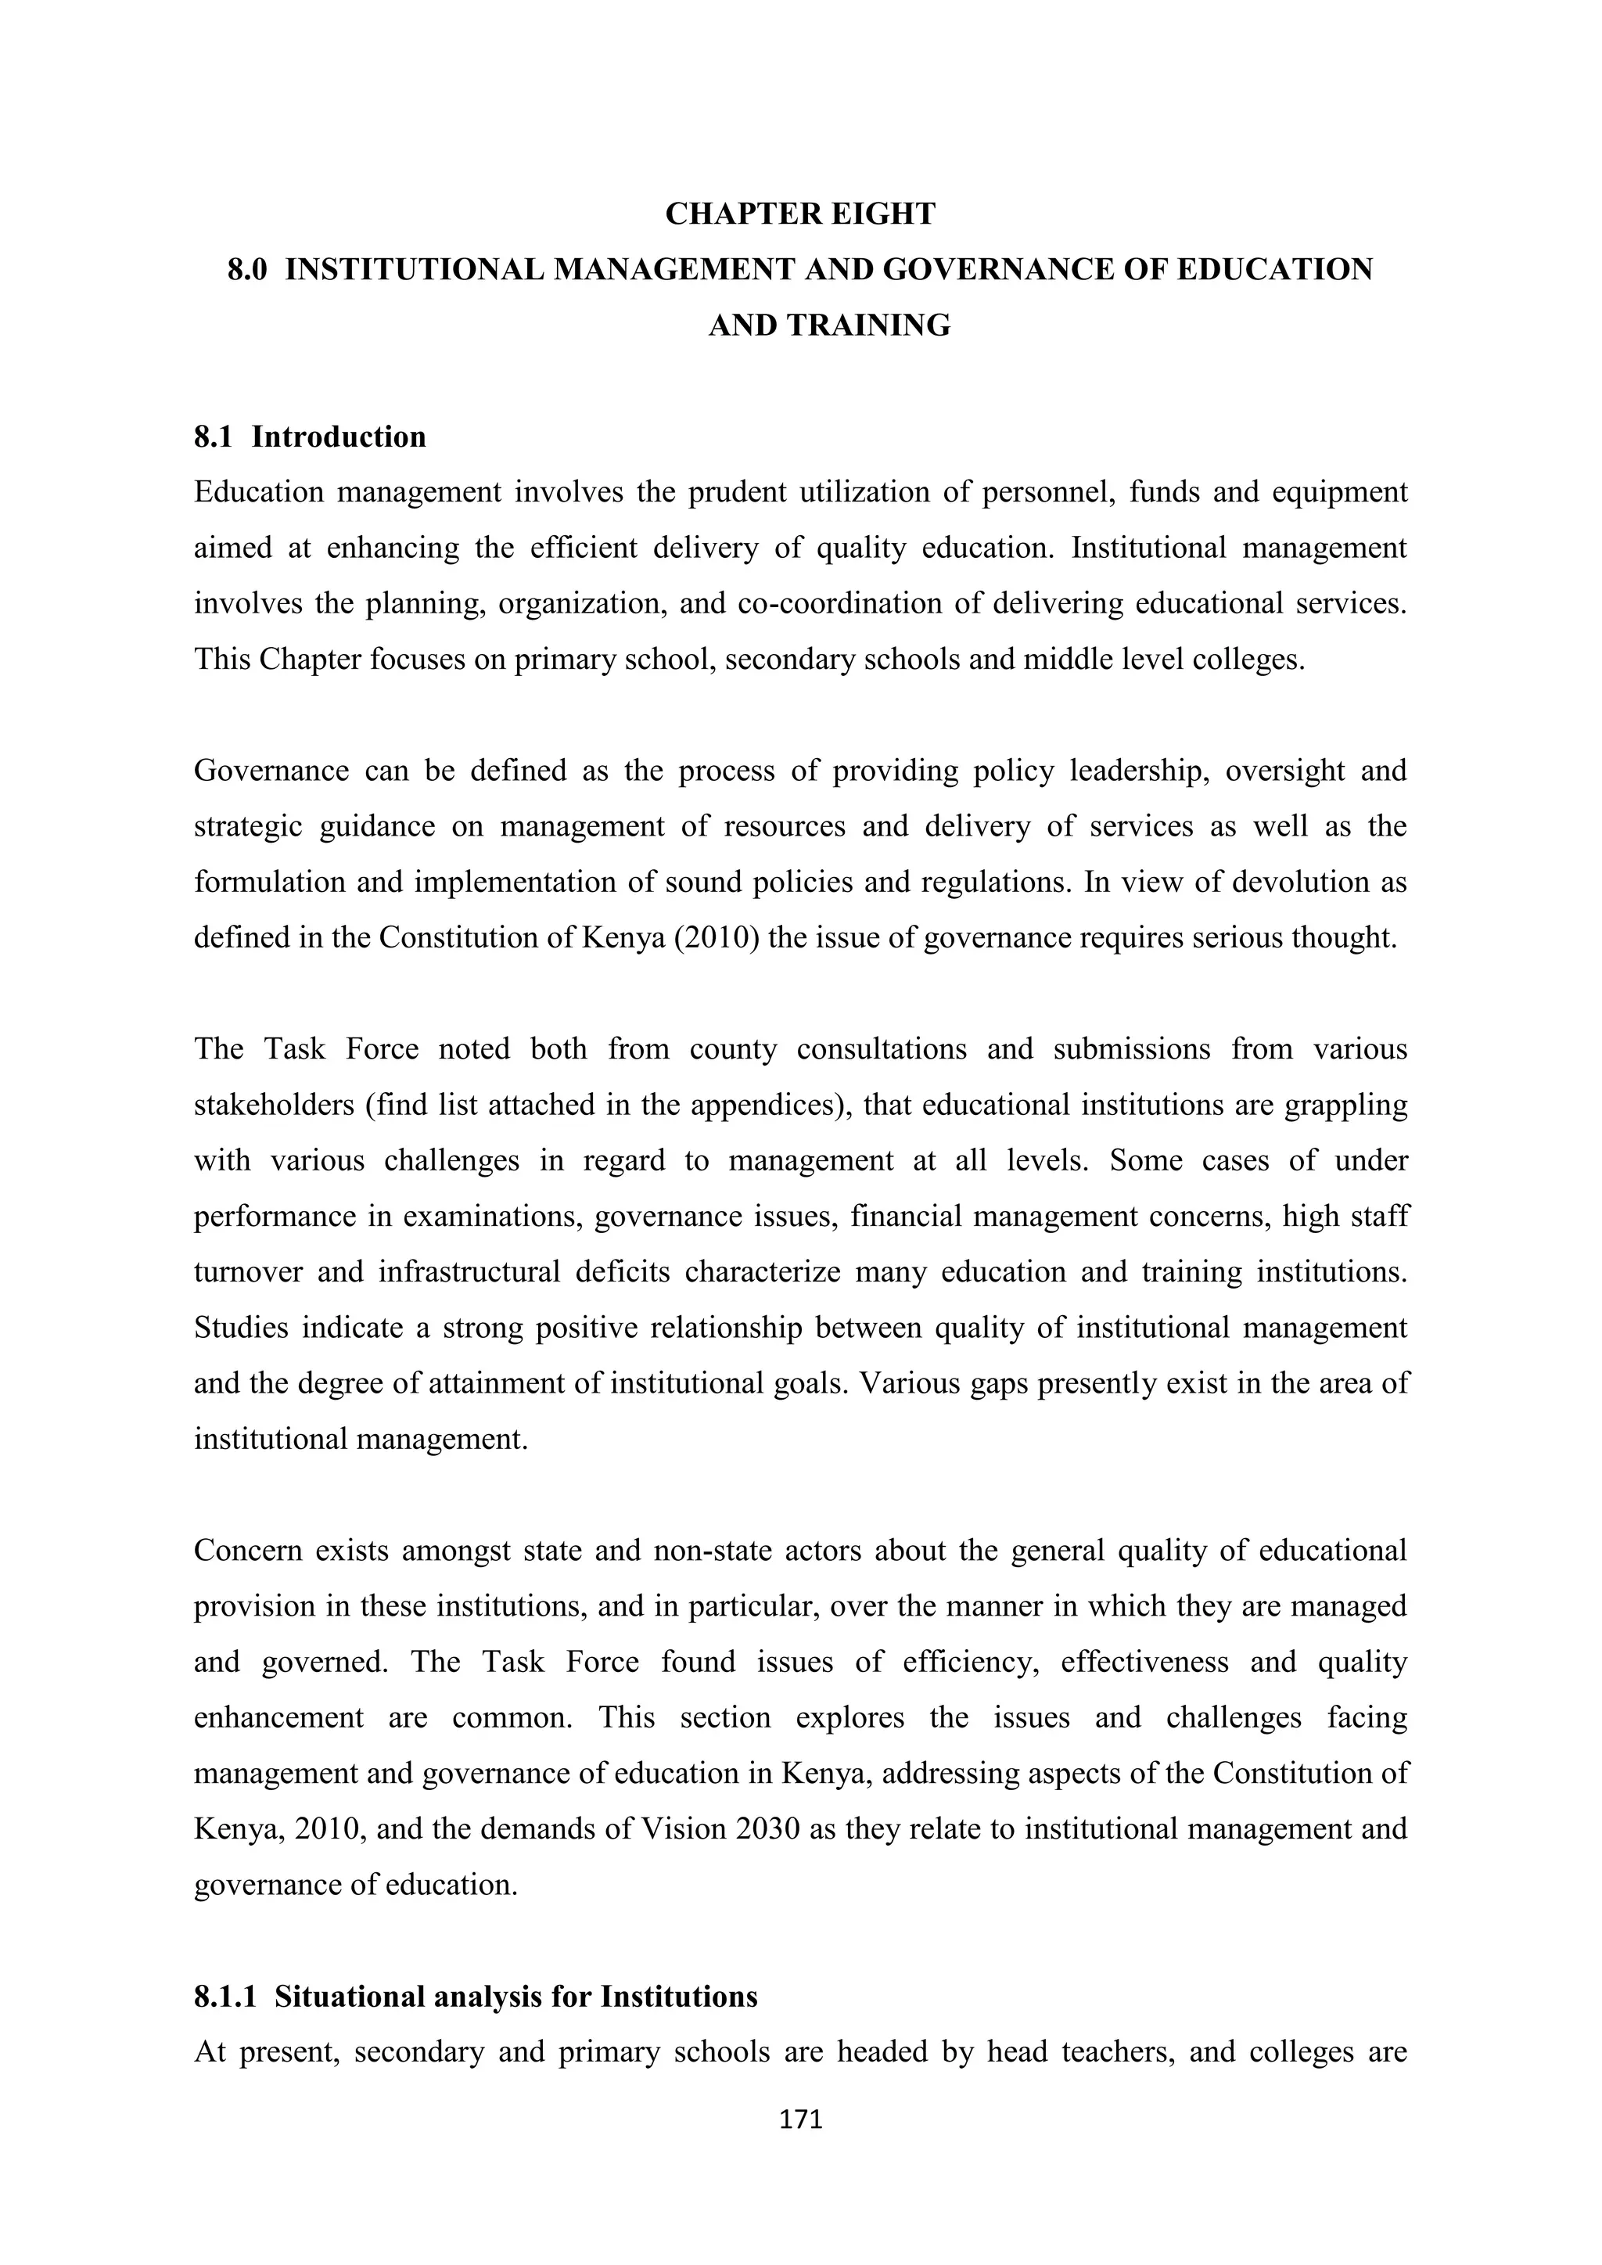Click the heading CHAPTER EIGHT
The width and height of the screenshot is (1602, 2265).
(800, 214)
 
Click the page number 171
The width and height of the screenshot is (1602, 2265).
(800, 2119)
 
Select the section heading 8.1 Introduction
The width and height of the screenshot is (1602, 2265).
(310, 437)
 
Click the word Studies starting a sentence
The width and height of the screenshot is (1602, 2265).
(241, 1327)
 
